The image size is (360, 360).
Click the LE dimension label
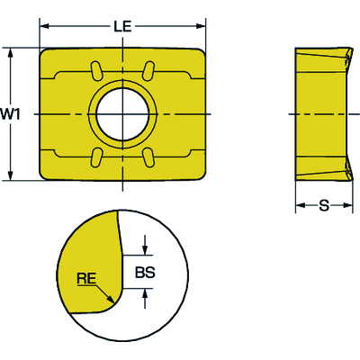click(x=123, y=28)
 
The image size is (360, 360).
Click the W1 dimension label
click(x=10, y=113)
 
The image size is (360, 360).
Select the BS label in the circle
click(x=145, y=271)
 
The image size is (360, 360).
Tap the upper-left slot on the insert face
click(x=95, y=70)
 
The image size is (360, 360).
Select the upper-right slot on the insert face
click(x=151, y=70)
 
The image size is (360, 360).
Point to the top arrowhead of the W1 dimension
click(x=10, y=52)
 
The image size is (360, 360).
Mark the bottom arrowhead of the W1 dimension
click(x=10, y=176)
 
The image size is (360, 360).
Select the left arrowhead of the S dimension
click(x=300, y=207)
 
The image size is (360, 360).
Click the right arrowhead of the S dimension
click(x=346, y=207)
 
